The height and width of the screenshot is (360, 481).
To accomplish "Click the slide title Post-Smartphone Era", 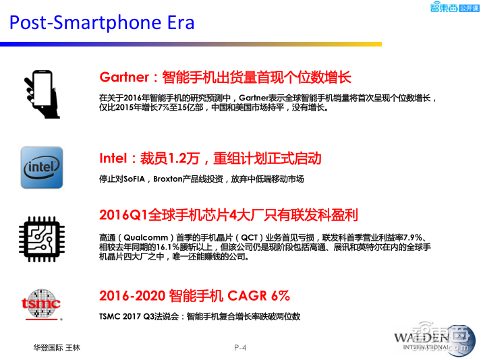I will pyautogui.click(x=102, y=23).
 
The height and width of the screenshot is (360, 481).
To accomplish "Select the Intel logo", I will pyautogui.click(x=42, y=167).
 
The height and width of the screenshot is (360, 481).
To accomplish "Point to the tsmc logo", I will pyautogui.click(x=41, y=303).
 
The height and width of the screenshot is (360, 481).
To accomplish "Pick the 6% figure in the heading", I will pyautogui.click(x=280, y=295).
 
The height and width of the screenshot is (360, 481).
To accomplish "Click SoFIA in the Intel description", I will pyautogui.click(x=138, y=179).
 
